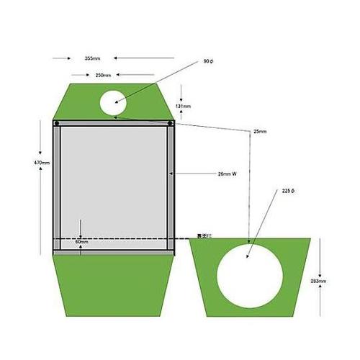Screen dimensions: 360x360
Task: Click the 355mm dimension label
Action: (x=92, y=58)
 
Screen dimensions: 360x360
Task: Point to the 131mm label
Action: (x=183, y=107)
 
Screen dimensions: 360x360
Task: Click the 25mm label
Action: (x=260, y=132)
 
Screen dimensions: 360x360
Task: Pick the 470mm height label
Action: (x=42, y=163)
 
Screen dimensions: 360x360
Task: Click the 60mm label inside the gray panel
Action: (x=81, y=242)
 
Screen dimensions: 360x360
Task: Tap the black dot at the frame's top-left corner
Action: (x=56, y=123)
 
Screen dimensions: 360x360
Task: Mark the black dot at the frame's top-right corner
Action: (x=170, y=123)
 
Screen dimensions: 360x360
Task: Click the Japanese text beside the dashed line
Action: (x=204, y=236)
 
